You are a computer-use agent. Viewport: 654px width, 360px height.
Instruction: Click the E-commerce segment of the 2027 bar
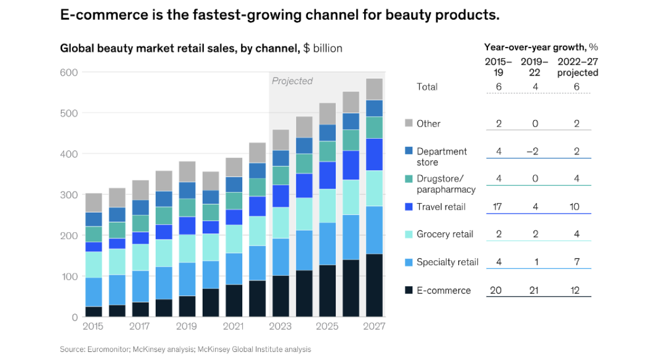coord(374,285)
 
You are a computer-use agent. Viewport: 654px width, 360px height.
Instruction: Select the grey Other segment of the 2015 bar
coord(94,203)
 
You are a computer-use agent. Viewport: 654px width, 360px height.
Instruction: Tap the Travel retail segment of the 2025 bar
coord(328,175)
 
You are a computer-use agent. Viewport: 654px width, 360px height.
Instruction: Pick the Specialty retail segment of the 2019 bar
coord(187,279)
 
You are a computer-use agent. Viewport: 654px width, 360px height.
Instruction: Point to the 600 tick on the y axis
coord(69,73)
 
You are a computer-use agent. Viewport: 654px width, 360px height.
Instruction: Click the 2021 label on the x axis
coord(233,326)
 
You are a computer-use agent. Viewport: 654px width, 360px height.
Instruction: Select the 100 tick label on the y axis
coord(69,276)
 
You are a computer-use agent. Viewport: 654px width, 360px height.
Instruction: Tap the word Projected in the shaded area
coord(292,81)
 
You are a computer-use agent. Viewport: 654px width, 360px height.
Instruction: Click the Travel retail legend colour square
coord(409,207)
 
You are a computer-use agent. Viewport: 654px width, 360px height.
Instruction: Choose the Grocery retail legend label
coord(445,234)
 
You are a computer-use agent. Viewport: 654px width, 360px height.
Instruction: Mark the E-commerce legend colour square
coord(409,290)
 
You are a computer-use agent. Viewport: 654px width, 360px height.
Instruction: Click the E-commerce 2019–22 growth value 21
coord(534,290)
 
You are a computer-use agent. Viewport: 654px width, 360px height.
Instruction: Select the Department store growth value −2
coord(533,152)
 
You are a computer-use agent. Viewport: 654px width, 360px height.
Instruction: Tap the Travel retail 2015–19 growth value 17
coord(497,207)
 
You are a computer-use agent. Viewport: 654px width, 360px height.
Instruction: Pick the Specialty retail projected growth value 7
coord(576,262)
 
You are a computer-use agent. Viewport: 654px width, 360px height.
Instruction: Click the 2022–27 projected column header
coord(578,67)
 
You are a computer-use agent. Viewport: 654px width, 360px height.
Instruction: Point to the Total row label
coord(427,87)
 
